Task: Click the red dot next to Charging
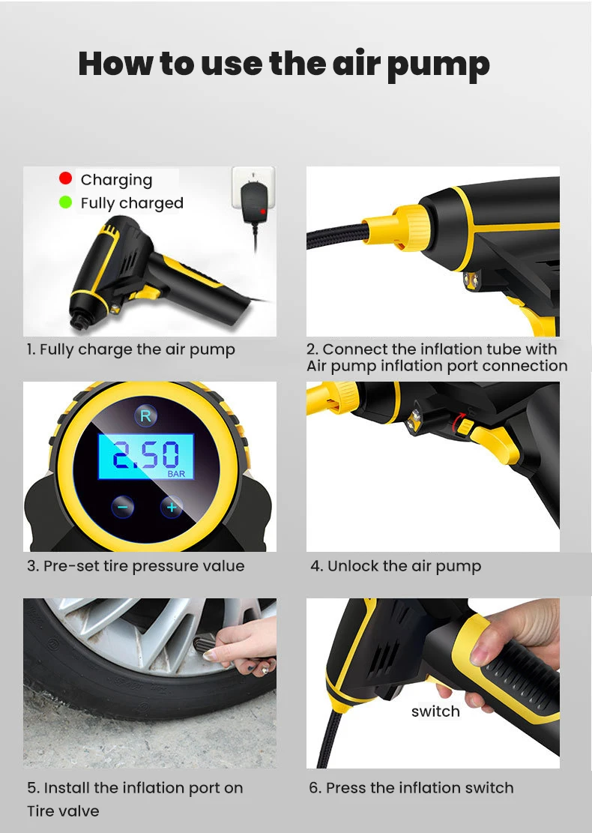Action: [65, 178]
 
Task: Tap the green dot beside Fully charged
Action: [65, 202]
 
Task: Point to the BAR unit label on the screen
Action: [176, 475]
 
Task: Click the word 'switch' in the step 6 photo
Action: [435, 712]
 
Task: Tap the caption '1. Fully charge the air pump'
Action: [131, 349]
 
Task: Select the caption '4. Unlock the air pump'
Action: [396, 566]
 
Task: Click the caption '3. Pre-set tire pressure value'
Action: [136, 566]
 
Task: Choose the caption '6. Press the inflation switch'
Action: [411, 788]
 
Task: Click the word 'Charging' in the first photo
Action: [116, 179]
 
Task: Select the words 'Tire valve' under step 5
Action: [63, 811]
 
